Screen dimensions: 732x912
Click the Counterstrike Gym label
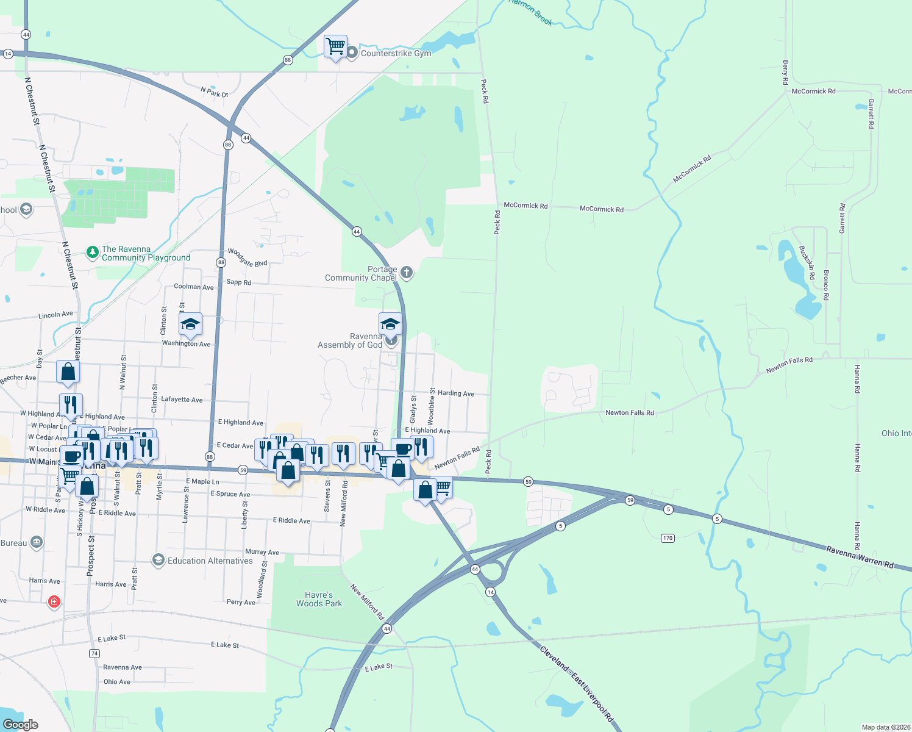pyautogui.click(x=396, y=53)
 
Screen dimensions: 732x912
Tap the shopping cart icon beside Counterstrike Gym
pyautogui.click(x=335, y=46)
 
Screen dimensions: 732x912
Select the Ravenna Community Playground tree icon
pyautogui.click(x=92, y=252)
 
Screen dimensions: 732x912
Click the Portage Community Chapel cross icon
pyautogui.click(x=406, y=273)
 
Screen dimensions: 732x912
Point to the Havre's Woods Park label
pyautogui.click(x=319, y=599)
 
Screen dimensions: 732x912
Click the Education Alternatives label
pyautogui.click(x=210, y=561)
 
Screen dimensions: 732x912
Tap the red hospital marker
pyautogui.click(x=54, y=602)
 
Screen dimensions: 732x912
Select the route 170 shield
pyautogui.click(x=668, y=538)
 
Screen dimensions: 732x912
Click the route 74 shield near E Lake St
pyautogui.click(x=94, y=653)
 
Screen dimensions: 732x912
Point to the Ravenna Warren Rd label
pyautogui.click(x=860, y=557)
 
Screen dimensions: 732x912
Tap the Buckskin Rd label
pyautogui.click(x=807, y=262)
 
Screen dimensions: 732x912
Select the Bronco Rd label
pyautogui.click(x=826, y=285)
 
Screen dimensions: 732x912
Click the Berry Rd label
pyautogui.click(x=785, y=72)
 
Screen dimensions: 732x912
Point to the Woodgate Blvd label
pyautogui.click(x=248, y=257)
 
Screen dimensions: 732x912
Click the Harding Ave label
pyautogui.click(x=455, y=393)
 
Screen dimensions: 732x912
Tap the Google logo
pyautogui.click(x=20, y=725)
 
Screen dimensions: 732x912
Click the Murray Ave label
pyautogui.click(x=262, y=552)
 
